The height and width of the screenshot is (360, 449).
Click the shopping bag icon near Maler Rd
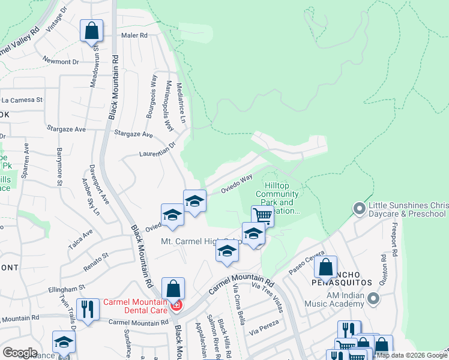91,31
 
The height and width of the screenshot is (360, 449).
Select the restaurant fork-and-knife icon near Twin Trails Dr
88,310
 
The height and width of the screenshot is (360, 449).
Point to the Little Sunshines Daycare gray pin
360,209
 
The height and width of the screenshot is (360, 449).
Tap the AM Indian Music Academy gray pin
374,298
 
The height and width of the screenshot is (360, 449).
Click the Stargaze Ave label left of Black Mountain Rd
67,129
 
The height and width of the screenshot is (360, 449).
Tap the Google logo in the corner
20,353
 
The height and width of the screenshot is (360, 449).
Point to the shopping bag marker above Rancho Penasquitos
326,268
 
